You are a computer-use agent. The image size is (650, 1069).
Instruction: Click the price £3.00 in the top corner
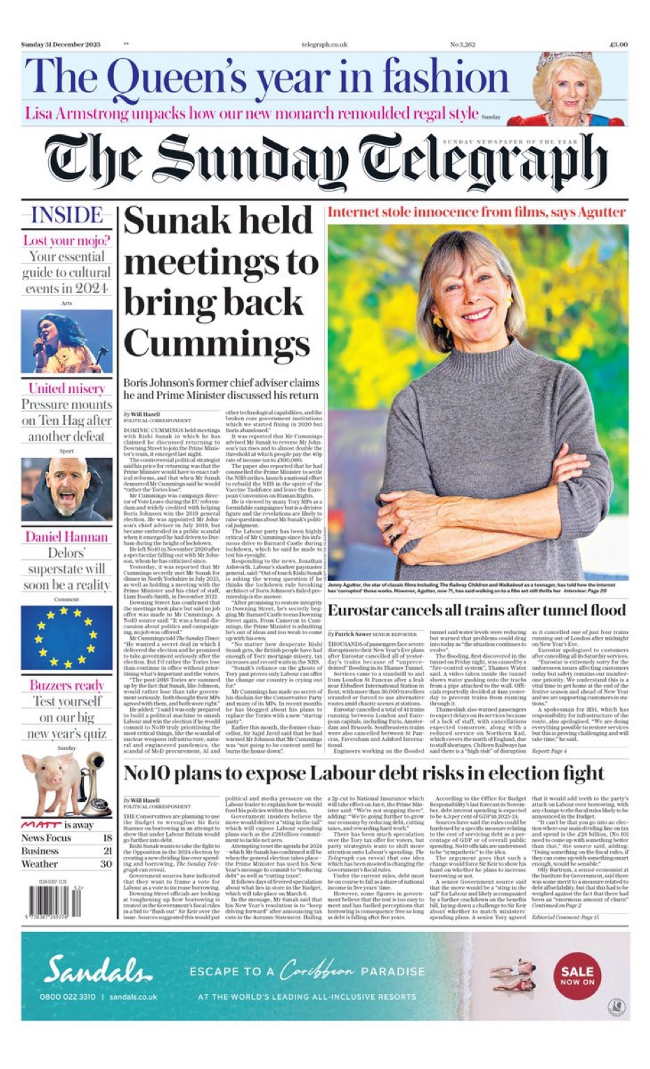618,45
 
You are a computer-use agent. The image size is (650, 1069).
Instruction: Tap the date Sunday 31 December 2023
61,45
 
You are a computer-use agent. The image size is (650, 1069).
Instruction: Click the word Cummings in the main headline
217,343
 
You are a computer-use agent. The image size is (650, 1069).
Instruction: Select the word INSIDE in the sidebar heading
66,215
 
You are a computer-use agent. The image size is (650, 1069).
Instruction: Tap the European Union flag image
66,637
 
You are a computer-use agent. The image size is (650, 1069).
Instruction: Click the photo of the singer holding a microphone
66,342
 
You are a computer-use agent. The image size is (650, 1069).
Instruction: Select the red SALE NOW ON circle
577,975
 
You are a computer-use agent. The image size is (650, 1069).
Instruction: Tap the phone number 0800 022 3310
68,996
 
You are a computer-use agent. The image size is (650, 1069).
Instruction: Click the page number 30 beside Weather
106,864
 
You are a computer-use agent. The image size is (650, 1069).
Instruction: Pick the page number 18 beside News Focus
107,838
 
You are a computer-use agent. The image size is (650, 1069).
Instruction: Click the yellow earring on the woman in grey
438,322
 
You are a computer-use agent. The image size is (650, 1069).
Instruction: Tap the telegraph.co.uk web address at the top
324,45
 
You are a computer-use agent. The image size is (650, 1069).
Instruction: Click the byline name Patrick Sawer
354,633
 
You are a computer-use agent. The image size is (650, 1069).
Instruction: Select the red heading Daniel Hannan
66,537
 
